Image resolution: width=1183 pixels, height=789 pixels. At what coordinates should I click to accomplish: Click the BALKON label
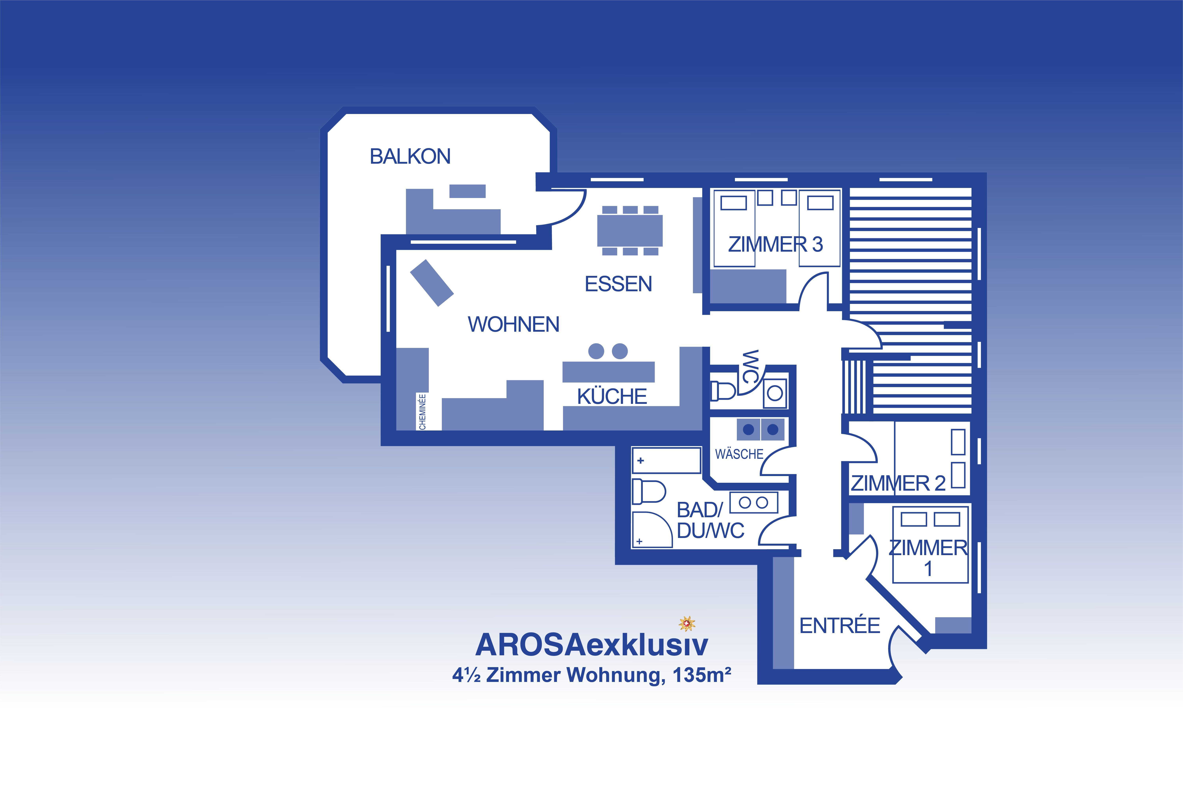click(410, 157)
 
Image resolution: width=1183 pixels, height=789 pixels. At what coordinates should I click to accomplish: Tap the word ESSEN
click(618, 284)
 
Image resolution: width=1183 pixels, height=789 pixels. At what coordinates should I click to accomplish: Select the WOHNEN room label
click(514, 325)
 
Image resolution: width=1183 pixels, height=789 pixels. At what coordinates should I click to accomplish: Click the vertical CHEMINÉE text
click(422, 412)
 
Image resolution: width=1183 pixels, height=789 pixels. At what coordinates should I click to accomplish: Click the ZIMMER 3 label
click(775, 245)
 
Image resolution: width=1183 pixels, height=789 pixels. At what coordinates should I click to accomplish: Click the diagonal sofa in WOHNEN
click(432, 283)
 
